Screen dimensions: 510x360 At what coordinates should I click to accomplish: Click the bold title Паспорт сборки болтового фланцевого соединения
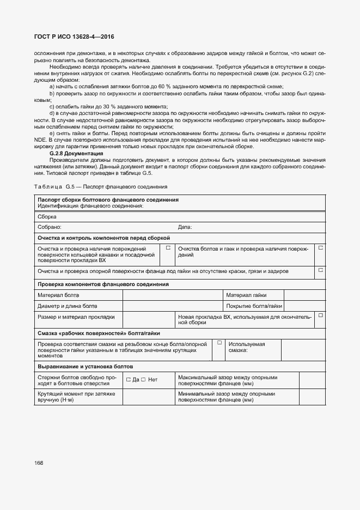(108, 200)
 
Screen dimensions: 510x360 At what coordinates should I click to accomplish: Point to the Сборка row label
(47, 216)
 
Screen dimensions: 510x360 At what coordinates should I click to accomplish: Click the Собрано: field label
(50, 227)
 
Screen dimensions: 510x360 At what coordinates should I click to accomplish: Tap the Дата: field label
(185, 227)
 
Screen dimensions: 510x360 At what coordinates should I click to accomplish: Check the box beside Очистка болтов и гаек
(320, 248)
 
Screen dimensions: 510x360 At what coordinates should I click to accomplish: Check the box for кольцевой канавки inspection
(168, 248)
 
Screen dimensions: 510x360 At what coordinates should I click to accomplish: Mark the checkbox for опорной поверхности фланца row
(320, 270)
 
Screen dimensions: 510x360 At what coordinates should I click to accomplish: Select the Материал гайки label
(247, 295)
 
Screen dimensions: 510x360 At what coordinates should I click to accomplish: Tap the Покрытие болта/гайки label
(254, 306)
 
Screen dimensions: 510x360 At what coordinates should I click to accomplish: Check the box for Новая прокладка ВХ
(320, 315)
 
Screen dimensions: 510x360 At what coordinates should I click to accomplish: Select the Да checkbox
(129, 380)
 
